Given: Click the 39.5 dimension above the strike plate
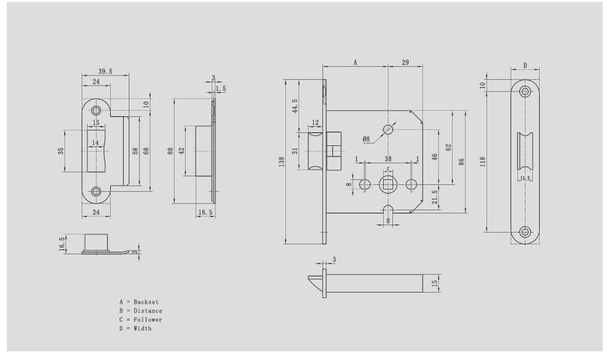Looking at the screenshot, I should [105, 72].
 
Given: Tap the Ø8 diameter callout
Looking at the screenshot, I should [366, 140].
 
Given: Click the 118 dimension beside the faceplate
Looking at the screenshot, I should [482, 161].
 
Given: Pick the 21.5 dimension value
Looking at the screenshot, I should [435, 197].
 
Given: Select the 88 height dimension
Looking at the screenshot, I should [170, 151].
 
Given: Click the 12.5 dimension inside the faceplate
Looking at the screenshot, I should [525, 178].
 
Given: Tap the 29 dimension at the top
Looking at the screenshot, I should [405, 62].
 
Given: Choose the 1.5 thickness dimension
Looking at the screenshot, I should [221, 88].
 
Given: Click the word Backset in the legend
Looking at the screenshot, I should [146, 302].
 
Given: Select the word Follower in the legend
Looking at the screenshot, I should [148, 320].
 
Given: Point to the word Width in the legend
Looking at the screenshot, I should [142, 328].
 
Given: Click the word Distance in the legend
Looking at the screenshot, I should [148, 311].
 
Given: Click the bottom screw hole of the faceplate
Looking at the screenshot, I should [525, 232].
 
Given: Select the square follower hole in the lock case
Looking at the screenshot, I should [388, 184].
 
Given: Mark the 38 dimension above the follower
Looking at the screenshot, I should [387, 159].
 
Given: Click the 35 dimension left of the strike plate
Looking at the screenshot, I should [61, 151].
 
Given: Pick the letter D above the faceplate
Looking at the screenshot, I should [525, 65].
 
